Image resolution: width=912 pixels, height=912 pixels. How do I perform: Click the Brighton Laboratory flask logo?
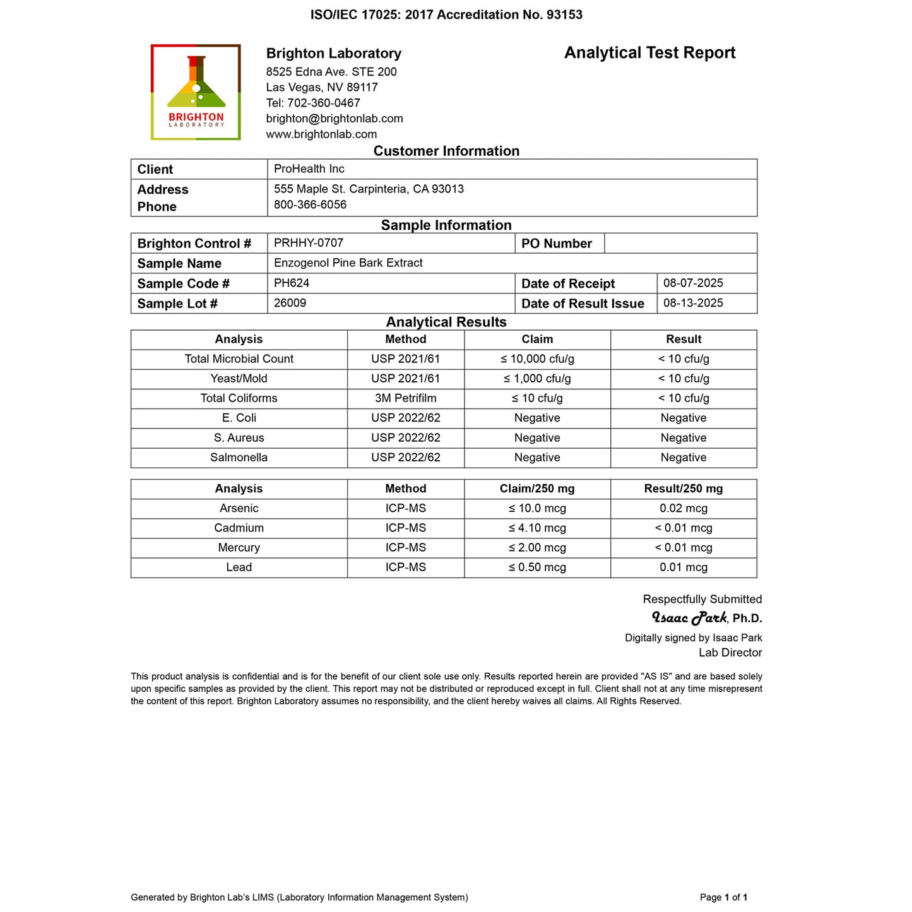tap(196, 92)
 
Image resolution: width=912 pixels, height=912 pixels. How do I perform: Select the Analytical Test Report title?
tap(649, 53)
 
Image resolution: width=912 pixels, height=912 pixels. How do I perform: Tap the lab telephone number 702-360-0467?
tap(324, 103)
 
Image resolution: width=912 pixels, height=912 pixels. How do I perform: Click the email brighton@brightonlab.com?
tap(335, 119)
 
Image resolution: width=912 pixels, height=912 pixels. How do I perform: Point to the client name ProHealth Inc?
tap(309, 169)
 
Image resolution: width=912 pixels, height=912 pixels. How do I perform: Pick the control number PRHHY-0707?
tap(309, 242)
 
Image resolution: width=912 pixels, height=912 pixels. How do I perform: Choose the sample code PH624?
tap(292, 283)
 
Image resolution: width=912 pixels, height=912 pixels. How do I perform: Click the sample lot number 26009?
tap(290, 303)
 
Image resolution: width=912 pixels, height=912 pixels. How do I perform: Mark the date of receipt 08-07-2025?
tap(693, 283)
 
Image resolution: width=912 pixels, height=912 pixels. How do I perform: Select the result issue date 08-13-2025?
tap(693, 303)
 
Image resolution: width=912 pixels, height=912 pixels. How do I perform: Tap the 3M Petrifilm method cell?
tap(405, 398)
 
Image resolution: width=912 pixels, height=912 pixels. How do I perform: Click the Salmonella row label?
tap(239, 458)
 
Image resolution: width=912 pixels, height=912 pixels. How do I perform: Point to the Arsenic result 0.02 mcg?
tap(684, 508)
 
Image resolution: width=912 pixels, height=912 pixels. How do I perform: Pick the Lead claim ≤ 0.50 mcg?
tap(537, 567)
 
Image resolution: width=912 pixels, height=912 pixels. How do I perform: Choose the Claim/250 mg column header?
tap(537, 489)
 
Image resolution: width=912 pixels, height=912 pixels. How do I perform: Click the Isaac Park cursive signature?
tap(689, 617)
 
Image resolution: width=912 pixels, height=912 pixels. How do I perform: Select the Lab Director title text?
tap(730, 653)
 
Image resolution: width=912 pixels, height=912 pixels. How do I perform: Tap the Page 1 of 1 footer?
tap(723, 897)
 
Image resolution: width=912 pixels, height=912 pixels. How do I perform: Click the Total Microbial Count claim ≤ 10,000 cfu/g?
tap(537, 358)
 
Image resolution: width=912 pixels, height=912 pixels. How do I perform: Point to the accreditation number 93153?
tap(564, 15)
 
